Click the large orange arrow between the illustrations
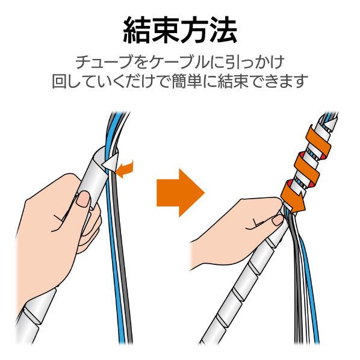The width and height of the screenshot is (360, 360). [x=180, y=193]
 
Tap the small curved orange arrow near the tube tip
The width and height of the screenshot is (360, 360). [x=125, y=169]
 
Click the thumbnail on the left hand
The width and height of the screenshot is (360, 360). [x=83, y=199]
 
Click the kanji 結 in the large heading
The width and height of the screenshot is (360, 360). [x=137, y=30]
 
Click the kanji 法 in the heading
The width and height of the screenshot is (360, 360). [x=223, y=30]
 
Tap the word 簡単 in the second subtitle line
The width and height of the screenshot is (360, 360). [x=187, y=81]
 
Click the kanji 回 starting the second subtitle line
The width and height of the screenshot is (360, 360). [x=59, y=81]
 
